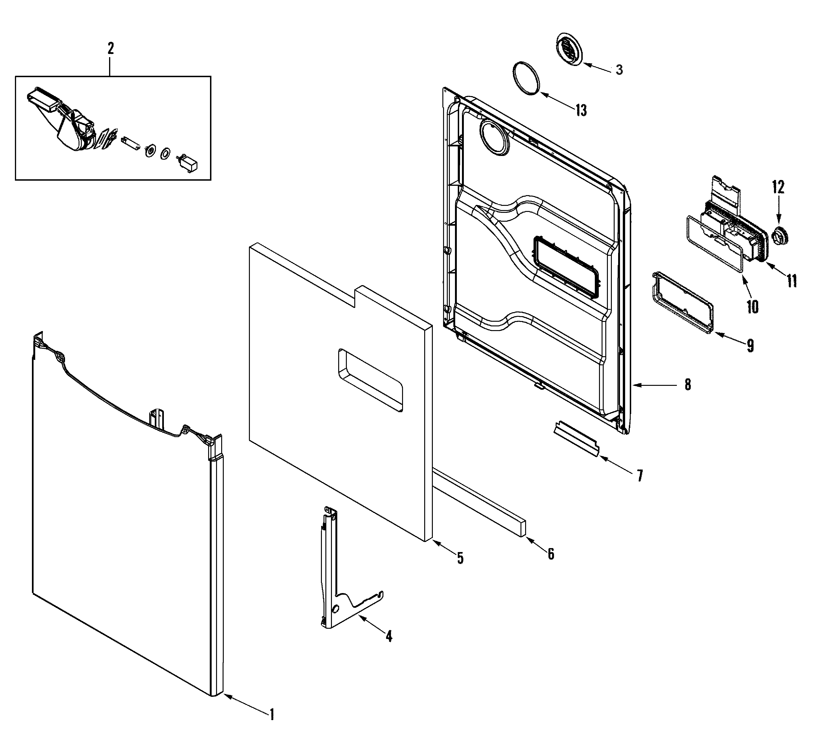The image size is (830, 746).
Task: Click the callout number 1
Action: pyautogui.click(x=271, y=715)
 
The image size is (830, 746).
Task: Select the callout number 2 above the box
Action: pyautogui.click(x=110, y=49)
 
